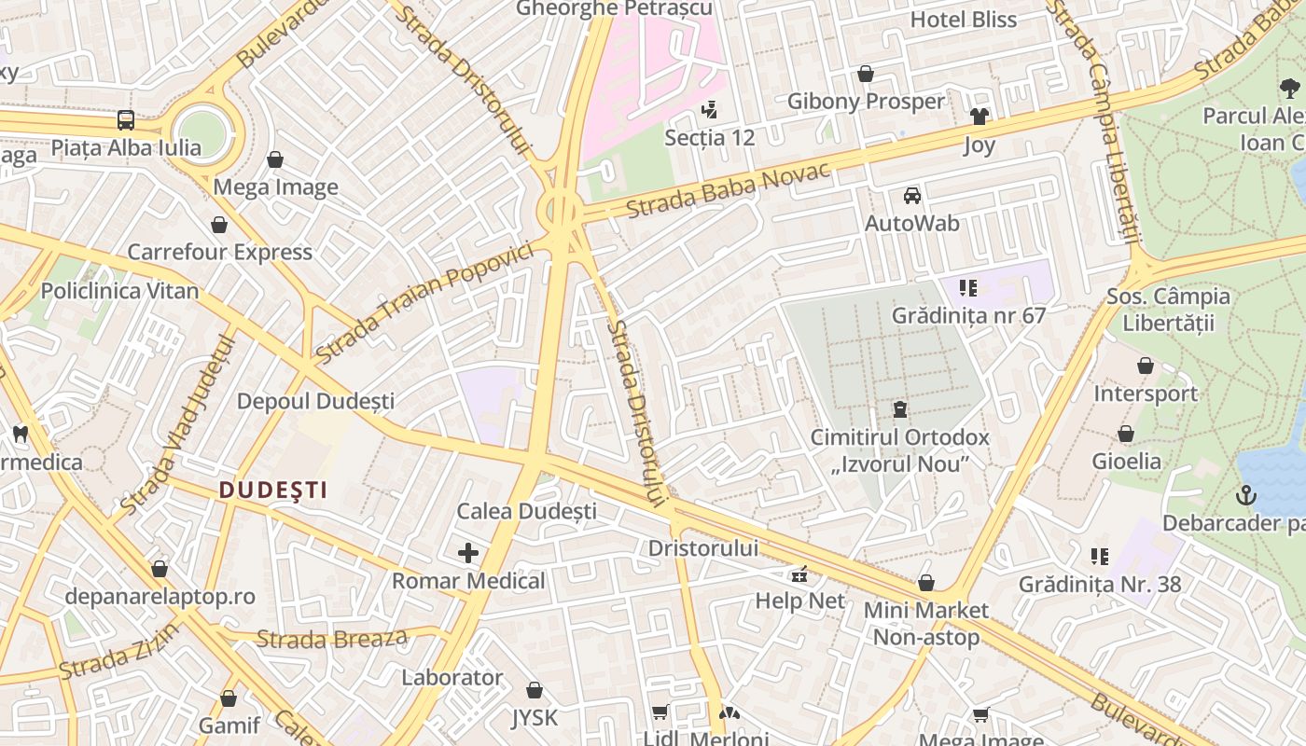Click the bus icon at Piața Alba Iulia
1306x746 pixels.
point(126,119)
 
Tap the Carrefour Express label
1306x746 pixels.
point(219,252)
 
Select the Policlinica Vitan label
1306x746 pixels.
point(119,291)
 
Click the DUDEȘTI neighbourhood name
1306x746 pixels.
point(272,490)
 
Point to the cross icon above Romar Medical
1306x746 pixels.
point(468,553)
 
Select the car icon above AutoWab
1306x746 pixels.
point(912,195)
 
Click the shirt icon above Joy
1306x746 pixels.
point(979,117)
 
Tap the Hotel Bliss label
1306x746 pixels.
point(964,20)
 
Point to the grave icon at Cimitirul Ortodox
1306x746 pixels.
point(900,408)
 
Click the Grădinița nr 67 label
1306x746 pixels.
point(968,315)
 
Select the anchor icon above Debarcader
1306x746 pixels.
point(1246,494)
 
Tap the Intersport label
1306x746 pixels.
point(1146,394)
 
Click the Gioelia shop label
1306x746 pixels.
point(1127,462)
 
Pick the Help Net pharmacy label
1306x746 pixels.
point(799,601)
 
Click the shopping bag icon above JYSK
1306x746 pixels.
point(535,690)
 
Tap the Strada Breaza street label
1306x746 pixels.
point(332,640)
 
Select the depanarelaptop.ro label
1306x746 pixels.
point(160,597)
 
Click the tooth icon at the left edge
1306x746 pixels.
point(20,434)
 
